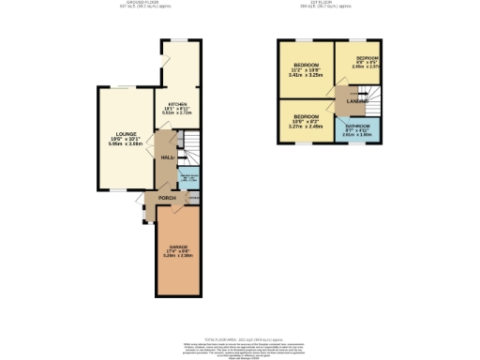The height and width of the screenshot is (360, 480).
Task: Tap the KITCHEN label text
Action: [x=177, y=104]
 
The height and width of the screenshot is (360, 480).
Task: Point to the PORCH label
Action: [x=167, y=198]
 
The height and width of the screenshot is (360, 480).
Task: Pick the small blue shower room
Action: [x=188, y=178]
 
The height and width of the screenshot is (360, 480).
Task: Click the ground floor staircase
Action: [x=190, y=146]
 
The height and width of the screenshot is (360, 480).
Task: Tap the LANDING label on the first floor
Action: [x=356, y=114]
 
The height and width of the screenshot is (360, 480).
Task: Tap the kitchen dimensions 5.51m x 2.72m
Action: [x=177, y=114]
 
